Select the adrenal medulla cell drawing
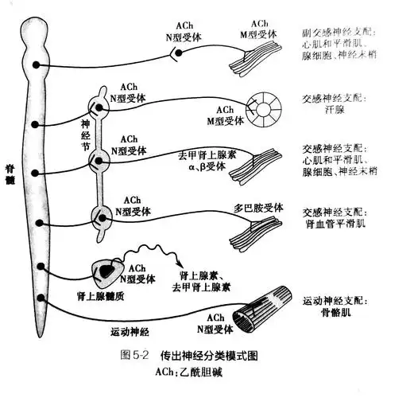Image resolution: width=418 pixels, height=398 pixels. pyautogui.click(x=103, y=272)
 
